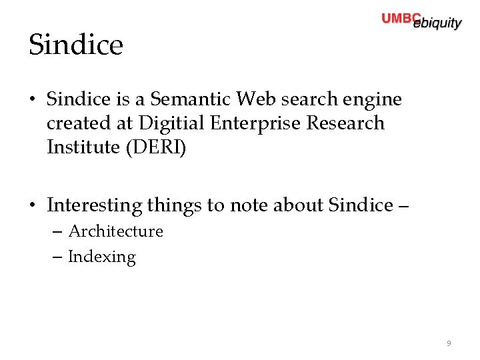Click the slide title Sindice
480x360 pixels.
[x=76, y=45]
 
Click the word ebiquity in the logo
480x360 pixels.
[x=437, y=24]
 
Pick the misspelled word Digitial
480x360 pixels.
[x=172, y=123]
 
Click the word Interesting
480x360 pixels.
[x=94, y=205]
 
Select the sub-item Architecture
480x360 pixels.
[x=115, y=231]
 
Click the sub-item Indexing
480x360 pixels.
[x=101, y=257]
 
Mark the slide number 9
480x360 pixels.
[x=449, y=343]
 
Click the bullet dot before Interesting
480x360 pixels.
[x=33, y=205]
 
